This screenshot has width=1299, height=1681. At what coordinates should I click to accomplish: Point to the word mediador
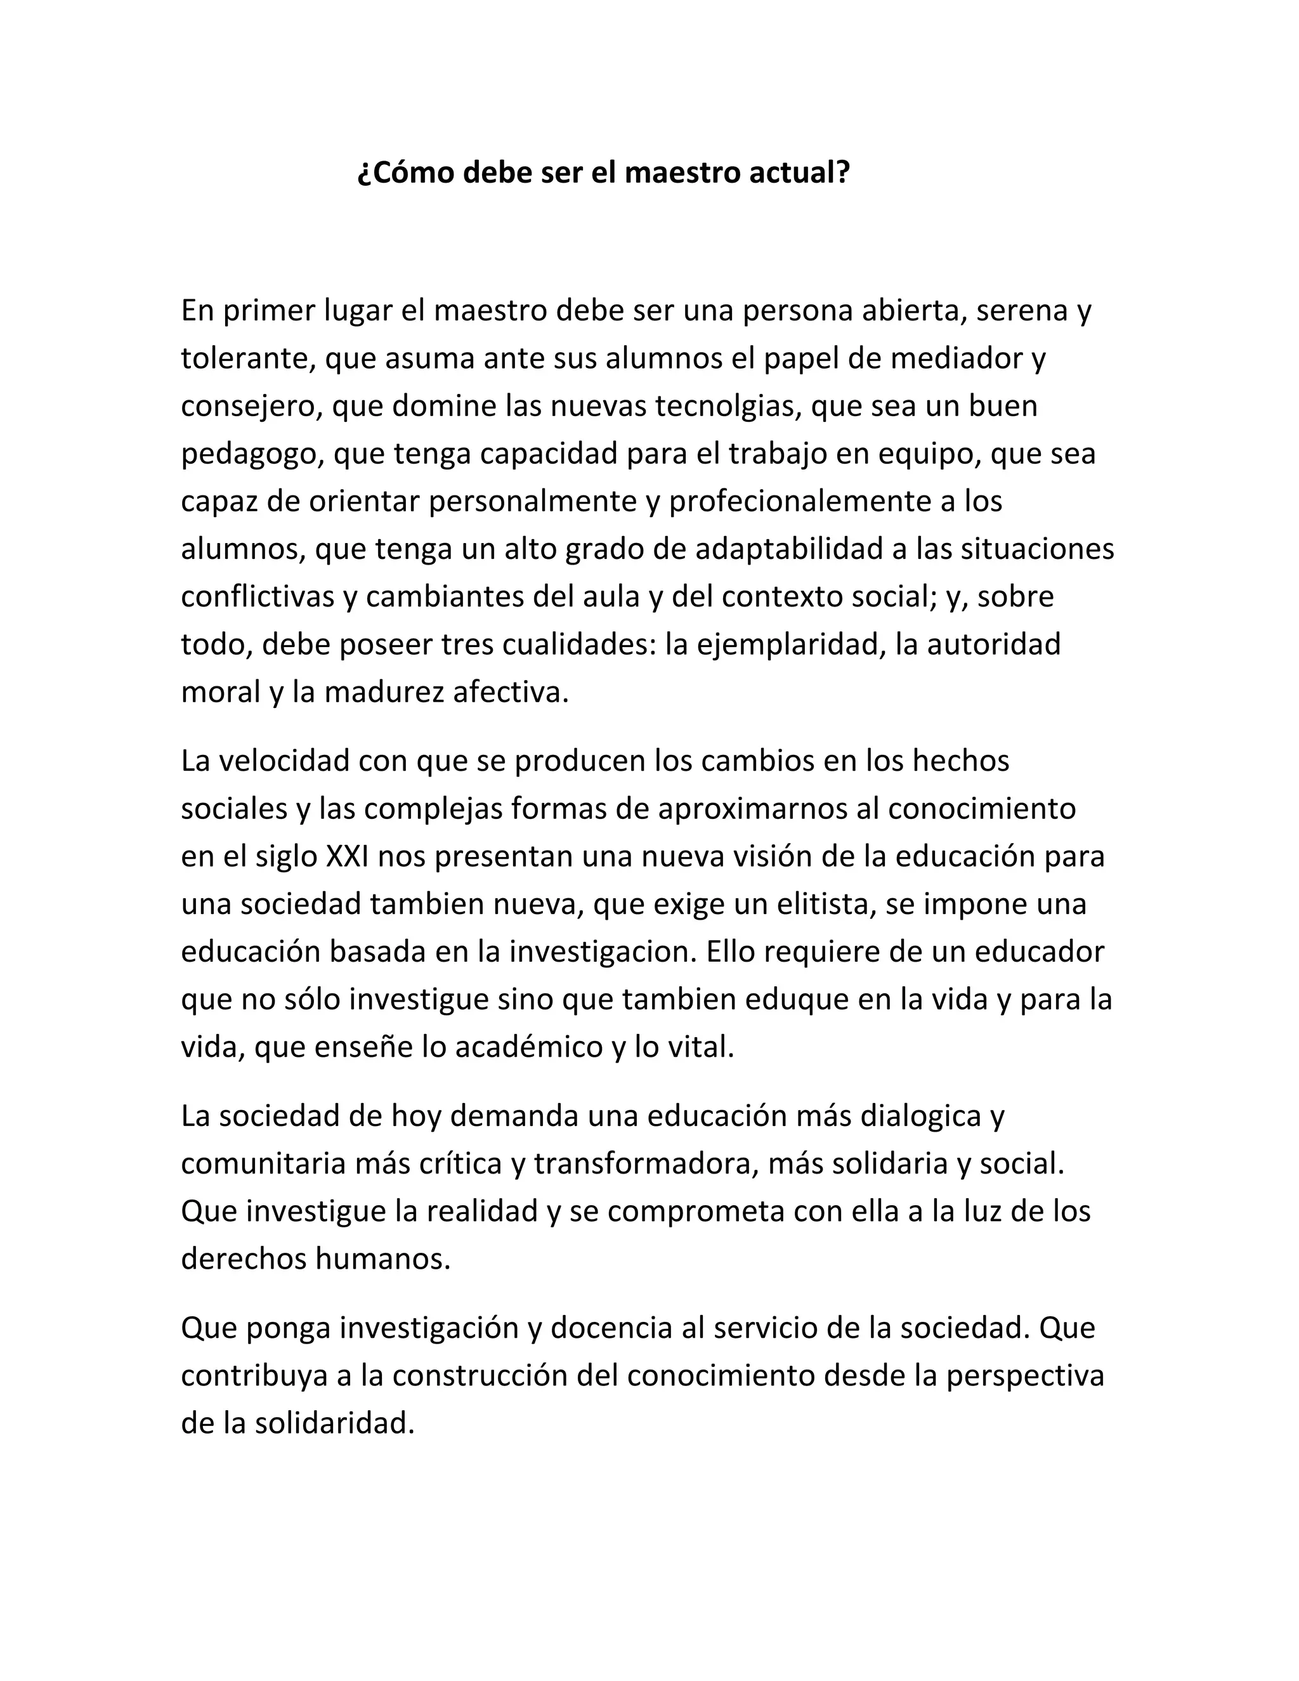pyautogui.click(x=954, y=358)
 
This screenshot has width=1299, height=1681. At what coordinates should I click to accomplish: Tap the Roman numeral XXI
pyautogui.click(x=347, y=856)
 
